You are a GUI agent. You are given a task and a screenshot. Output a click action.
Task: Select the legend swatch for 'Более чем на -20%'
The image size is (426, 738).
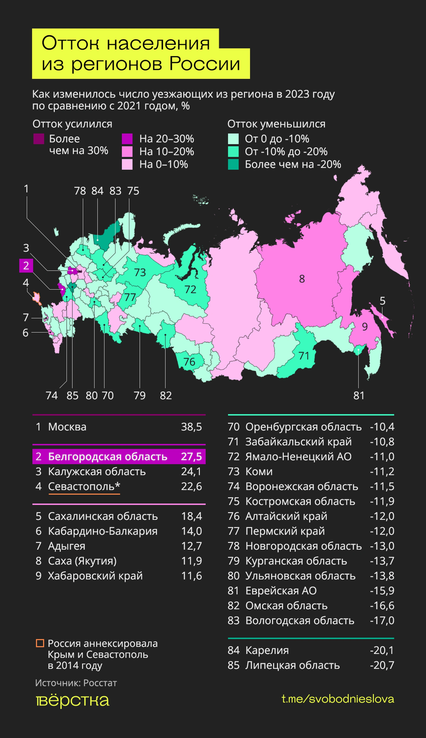point(233,164)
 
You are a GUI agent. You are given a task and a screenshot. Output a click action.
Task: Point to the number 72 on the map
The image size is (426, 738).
point(190,289)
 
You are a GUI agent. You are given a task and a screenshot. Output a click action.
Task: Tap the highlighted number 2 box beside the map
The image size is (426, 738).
point(26,266)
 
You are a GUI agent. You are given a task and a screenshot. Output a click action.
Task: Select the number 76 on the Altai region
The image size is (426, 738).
point(189,362)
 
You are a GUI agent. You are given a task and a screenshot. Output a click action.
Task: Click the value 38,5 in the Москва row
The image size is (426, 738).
point(191,427)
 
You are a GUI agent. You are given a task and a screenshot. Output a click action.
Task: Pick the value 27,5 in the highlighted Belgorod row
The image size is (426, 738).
point(191,456)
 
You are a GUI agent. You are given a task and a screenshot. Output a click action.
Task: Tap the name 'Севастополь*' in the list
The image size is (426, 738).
point(84,486)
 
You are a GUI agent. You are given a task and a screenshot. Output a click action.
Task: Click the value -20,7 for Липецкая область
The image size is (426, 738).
point(382,665)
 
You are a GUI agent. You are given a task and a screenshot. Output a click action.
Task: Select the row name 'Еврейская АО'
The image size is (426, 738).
point(281,591)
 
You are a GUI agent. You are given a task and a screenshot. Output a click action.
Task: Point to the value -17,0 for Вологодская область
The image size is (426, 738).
point(382,620)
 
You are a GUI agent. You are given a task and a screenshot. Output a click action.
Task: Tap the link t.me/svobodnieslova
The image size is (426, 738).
point(338,699)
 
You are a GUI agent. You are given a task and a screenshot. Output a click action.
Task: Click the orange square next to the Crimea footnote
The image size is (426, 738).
point(40,643)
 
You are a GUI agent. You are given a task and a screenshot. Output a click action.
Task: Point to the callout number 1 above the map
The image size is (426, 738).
point(26,189)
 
